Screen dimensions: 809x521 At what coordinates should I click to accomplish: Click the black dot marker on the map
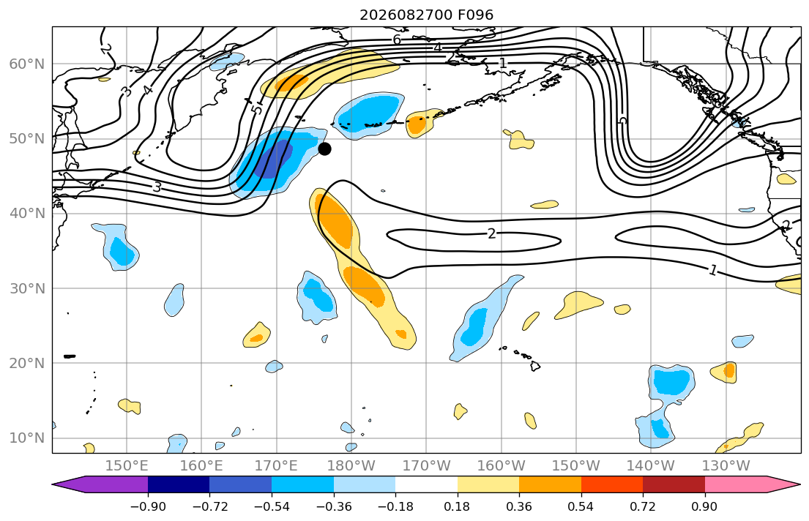coord(324,149)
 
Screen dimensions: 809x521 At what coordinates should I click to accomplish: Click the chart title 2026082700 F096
coord(426,15)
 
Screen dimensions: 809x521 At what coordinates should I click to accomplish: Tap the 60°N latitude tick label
coord(27,64)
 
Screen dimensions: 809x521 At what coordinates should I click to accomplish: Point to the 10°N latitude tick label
coord(27,438)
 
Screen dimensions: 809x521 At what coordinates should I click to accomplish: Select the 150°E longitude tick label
coord(127,466)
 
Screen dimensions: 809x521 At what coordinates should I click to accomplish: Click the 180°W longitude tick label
coord(351,466)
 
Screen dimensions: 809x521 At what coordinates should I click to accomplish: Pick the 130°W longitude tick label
coord(726,466)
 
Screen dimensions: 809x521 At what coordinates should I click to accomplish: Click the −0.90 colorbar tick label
coord(148,506)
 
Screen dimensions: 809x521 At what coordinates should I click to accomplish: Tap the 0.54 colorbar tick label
coord(581,506)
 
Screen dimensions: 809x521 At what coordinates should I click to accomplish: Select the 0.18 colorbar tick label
coord(457,506)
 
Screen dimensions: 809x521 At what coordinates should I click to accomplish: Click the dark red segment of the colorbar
coord(674,484)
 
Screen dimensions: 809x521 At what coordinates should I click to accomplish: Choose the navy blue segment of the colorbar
coord(179,484)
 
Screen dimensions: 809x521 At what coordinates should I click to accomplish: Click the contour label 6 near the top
coord(397,40)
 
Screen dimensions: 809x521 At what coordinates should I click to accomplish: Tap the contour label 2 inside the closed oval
coord(491,234)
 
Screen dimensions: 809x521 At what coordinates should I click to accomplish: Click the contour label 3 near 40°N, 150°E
coord(157,187)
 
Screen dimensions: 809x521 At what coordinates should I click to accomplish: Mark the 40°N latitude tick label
coord(27,214)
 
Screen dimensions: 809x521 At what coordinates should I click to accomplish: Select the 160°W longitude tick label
coord(501,466)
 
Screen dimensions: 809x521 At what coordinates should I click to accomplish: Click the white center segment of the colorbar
coord(426,484)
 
